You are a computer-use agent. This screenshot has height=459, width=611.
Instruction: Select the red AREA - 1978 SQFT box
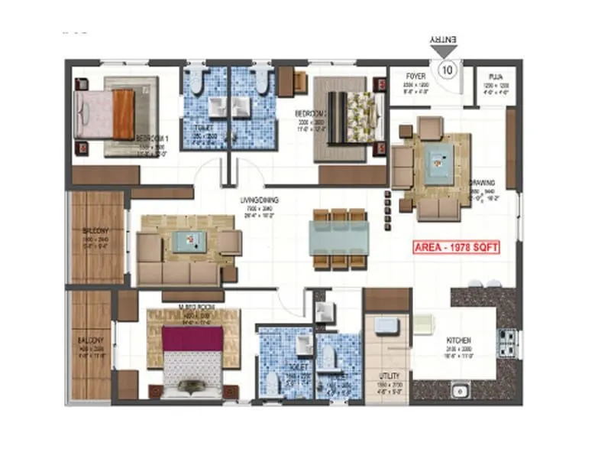(455, 248)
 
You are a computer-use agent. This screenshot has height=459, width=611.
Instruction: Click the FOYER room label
(416, 77)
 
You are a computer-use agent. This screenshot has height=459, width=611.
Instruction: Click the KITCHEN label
(459, 340)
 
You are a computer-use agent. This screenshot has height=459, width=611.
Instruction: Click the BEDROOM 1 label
(151, 138)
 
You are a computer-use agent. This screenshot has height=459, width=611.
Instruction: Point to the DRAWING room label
(483, 183)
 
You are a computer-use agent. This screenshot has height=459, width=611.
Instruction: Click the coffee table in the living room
(187, 241)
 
